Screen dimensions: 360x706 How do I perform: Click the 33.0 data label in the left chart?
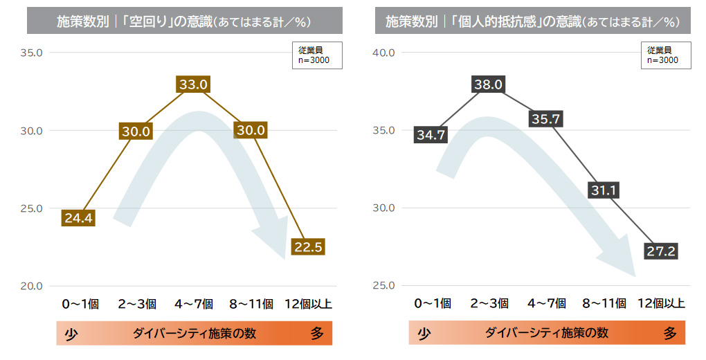[193, 84]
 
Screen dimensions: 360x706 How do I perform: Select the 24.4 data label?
[78, 218]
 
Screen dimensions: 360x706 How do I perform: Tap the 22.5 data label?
[308, 247]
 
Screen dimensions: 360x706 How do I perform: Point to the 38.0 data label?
[488, 84]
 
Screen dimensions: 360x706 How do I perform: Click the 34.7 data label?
[430, 135]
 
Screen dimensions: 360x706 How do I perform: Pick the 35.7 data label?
[545, 119]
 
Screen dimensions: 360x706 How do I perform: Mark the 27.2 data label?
[661, 251]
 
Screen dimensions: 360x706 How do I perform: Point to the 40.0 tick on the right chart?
[383, 53]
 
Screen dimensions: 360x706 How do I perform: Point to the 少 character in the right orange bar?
[424, 334]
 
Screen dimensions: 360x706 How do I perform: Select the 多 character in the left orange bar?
[317, 334]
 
